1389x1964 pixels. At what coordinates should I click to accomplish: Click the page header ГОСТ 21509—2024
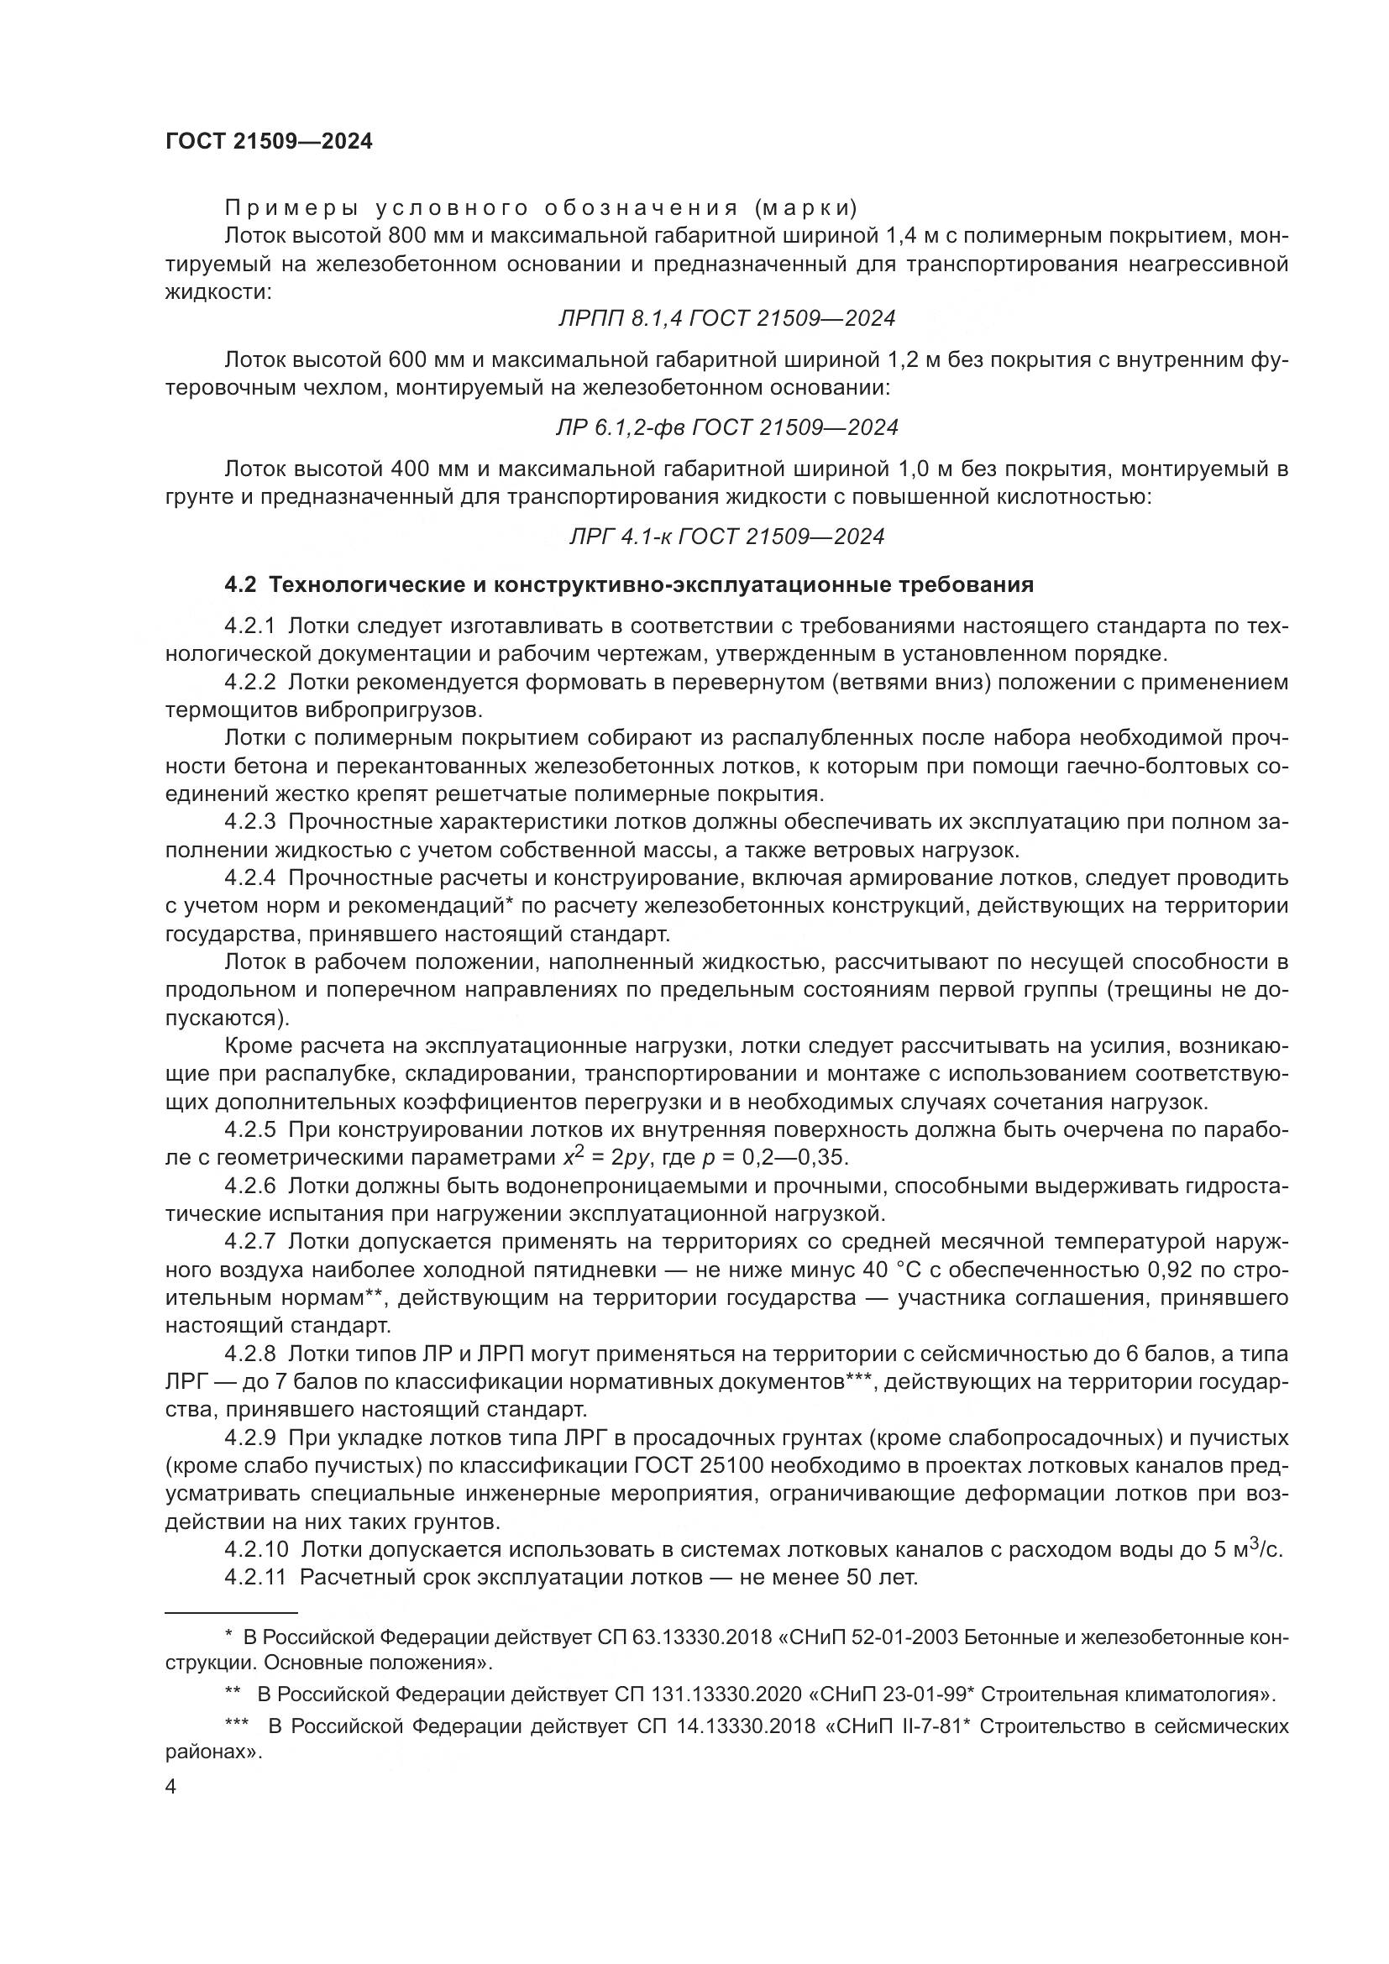point(269,142)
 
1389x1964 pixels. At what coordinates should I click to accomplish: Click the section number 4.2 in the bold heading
point(239,585)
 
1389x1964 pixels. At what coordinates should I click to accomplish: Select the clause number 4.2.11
point(255,1578)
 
